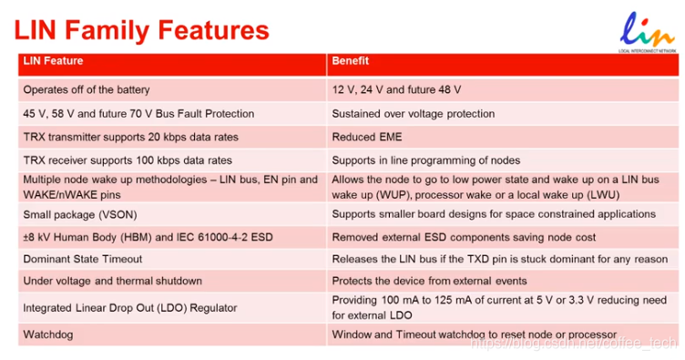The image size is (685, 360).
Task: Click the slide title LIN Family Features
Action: (141, 30)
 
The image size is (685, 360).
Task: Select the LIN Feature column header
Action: (172, 65)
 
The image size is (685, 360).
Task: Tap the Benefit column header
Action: (503, 65)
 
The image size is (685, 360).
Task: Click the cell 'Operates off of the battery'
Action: (172, 90)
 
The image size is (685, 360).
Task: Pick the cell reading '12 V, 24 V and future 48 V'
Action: (503, 90)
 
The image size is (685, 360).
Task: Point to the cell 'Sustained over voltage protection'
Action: (503, 114)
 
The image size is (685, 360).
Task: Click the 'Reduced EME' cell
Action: (503, 138)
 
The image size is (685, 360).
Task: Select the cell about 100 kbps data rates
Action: (172, 160)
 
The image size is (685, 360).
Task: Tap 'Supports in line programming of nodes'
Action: (503, 160)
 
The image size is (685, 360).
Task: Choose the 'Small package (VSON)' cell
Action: (172, 214)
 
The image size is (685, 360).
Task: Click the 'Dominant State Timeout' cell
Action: (172, 259)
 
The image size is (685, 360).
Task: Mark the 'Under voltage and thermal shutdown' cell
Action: (172, 281)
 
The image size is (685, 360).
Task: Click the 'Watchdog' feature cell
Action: (172, 334)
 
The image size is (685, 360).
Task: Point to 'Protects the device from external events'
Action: (503, 281)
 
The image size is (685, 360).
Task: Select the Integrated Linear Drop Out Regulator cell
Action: (172, 308)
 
